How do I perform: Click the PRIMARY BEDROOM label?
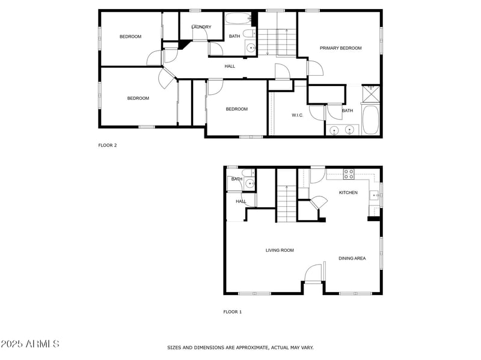pyautogui.click(x=340, y=48)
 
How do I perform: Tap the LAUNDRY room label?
pyautogui.click(x=201, y=27)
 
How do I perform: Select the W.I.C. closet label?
pyautogui.click(x=297, y=115)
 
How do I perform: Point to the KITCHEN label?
pyautogui.click(x=348, y=193)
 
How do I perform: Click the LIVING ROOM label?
pyautogui.click(x=280, y=250)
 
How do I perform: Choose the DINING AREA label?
pyautogui.click(x=352, y=258)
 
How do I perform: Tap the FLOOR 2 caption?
pyautogui.click(x=107, y=145)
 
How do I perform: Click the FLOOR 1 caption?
pyautogui.click(x=232, y=312)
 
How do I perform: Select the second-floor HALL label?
pyautogui.click(x=230, y=66)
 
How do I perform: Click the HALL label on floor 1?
pyautogui.click(x=240, y=201)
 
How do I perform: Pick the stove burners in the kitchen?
pyautogui.click(x=348, y=174)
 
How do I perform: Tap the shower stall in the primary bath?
pyautogui.click(x=371, y=94)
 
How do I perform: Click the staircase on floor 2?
pyautogui.click(x=277, y=42)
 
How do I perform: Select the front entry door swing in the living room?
pyautogui.click(x=313, y=273)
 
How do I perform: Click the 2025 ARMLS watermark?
pyautogui.click(x=30, y=344)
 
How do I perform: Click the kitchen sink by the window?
pyautogui.click(x=374, y=194)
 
